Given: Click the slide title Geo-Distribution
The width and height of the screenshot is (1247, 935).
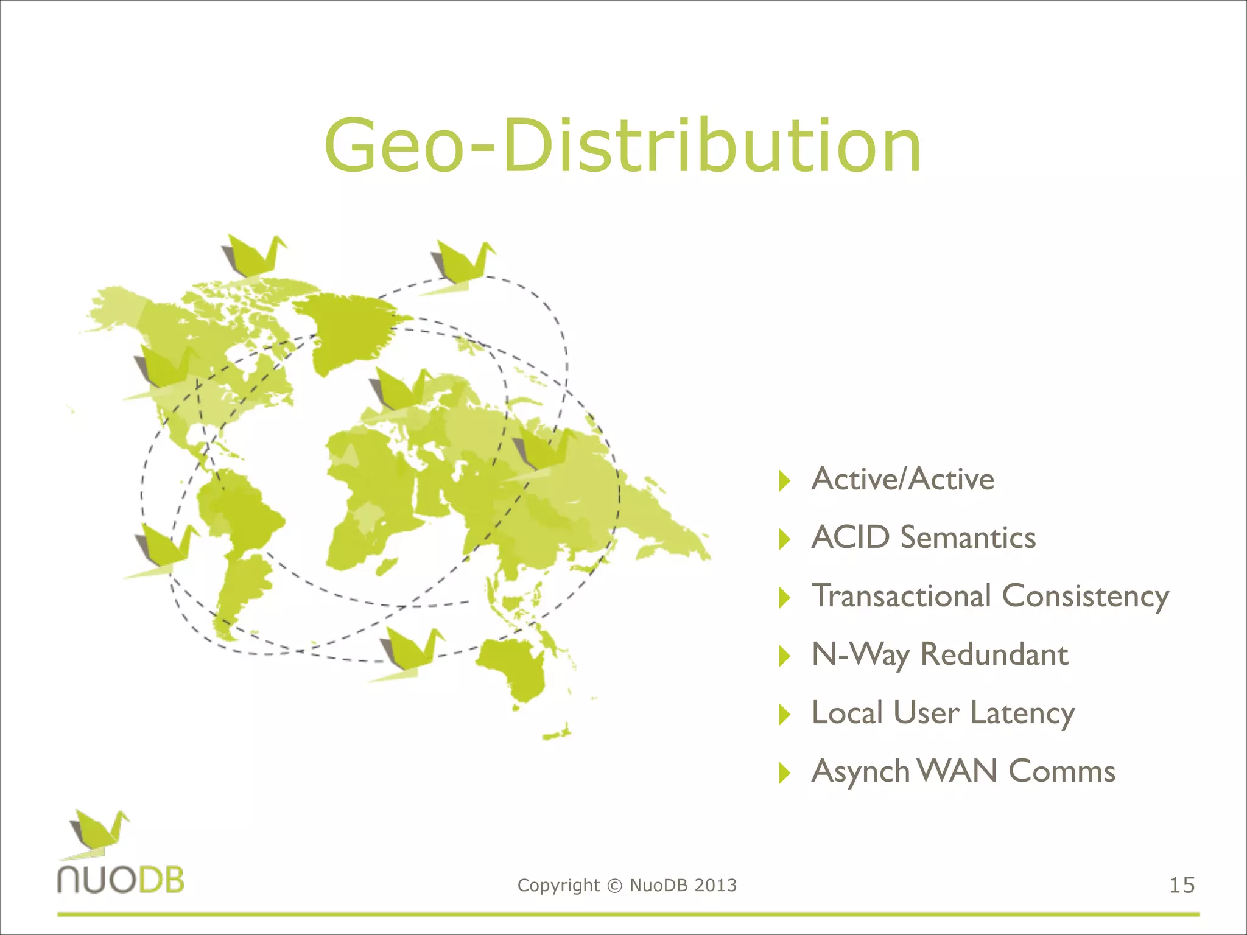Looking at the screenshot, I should [x=622, y=146].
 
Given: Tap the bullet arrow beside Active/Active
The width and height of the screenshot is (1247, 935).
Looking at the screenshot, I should [x=784, y=481].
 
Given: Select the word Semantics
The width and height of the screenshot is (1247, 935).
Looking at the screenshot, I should [x=968, y=538].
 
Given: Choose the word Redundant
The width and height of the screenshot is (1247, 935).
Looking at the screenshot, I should [x=994, y=655].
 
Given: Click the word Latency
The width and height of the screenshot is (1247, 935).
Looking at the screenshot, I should [x=1022, y=713].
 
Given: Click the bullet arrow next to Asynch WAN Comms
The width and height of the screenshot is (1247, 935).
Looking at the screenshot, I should [x=784, y=773].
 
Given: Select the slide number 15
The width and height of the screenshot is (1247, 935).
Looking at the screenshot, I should [x=1182, y=885].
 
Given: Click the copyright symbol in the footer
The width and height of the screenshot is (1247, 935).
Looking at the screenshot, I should [x=614, y=886].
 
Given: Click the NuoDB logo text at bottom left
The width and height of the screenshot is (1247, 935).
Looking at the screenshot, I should [x=121, y=880].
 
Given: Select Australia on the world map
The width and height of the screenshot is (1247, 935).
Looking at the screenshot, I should [x=511, y=670].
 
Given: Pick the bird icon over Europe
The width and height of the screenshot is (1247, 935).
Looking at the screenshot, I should [x=399, y=393].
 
